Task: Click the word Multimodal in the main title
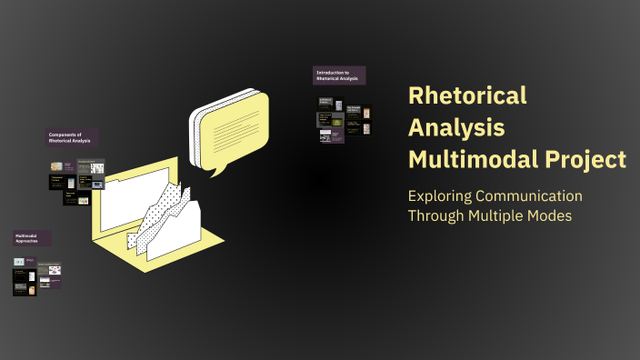click(x=463, y=159)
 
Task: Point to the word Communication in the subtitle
click(x=535, y=195)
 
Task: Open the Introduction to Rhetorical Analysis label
click(x=339, y=75)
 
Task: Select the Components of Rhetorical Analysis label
click(x=72, y=137)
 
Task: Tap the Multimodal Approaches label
click(x=31, y=239)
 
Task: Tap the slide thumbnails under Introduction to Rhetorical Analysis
click(x=344, y=119)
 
